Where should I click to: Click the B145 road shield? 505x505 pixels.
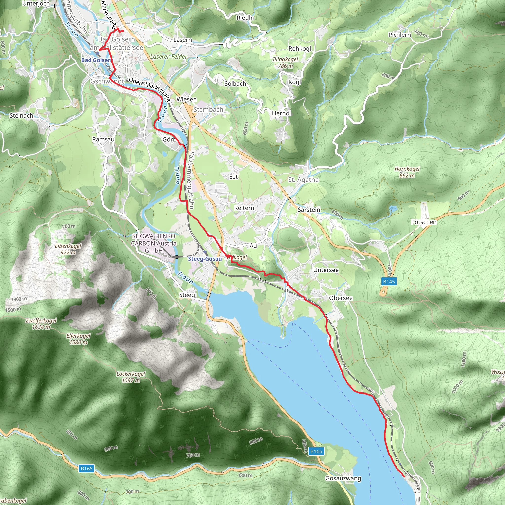389,282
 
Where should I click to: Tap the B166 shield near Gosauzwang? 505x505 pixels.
316,451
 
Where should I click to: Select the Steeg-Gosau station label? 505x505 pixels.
205,259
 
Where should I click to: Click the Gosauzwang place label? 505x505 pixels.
343,478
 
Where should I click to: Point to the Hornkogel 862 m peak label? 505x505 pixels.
407,172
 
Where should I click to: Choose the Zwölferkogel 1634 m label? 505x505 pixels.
41,324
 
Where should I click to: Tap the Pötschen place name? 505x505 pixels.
424,222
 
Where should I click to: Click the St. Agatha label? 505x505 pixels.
303,180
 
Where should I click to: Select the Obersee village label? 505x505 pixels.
341,298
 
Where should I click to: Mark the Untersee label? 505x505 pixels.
326,270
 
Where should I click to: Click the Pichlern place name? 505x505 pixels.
399,35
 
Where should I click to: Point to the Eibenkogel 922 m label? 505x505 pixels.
68,249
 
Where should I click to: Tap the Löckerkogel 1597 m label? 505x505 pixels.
131,377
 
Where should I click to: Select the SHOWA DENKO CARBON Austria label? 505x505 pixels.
154,243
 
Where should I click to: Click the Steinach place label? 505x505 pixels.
21,116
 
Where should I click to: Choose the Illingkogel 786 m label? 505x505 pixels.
285,62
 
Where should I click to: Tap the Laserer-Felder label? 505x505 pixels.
169,57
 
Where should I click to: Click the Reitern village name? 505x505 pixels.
244,208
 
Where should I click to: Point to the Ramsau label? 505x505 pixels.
103,139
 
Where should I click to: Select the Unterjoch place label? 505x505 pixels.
36,4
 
